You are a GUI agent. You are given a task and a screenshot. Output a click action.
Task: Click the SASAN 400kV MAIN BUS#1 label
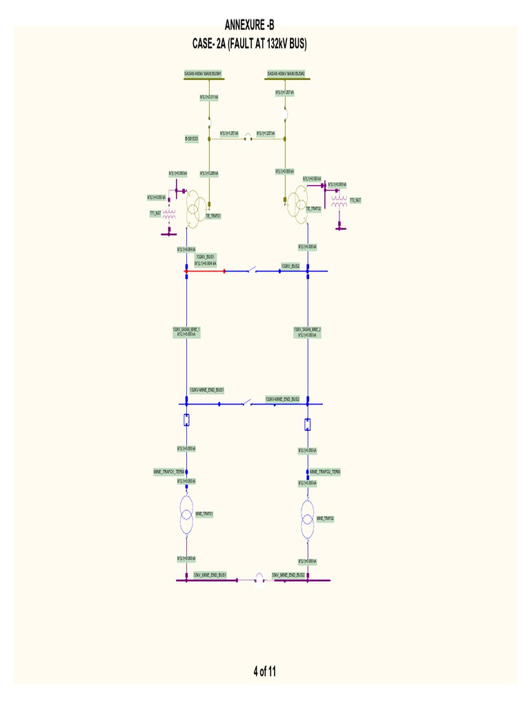click(202, 72)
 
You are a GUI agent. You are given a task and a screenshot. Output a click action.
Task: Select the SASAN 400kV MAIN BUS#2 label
click(286, 72)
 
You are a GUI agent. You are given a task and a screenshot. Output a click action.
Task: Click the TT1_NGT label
click(155, 213)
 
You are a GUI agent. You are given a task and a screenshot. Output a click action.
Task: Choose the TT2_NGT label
click(355, 200)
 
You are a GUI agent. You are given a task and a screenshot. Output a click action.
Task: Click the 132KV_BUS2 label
click(290, 265)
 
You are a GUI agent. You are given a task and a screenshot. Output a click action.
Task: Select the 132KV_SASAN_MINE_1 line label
click(186, 329)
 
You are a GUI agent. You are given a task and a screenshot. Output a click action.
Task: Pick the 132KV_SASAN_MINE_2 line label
click(307, 329)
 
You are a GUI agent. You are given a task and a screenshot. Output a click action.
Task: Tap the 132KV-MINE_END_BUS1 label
click(207, 390)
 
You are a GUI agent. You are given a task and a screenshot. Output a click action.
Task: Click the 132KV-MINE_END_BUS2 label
click(282, 398)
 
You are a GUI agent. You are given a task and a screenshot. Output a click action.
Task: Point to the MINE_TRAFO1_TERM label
click(169, 472)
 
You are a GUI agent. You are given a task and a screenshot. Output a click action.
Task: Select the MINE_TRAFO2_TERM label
click(326, 472)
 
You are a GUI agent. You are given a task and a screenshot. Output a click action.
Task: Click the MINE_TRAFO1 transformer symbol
click(186, 514)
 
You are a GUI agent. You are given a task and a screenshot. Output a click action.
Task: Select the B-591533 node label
click(191, 139)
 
